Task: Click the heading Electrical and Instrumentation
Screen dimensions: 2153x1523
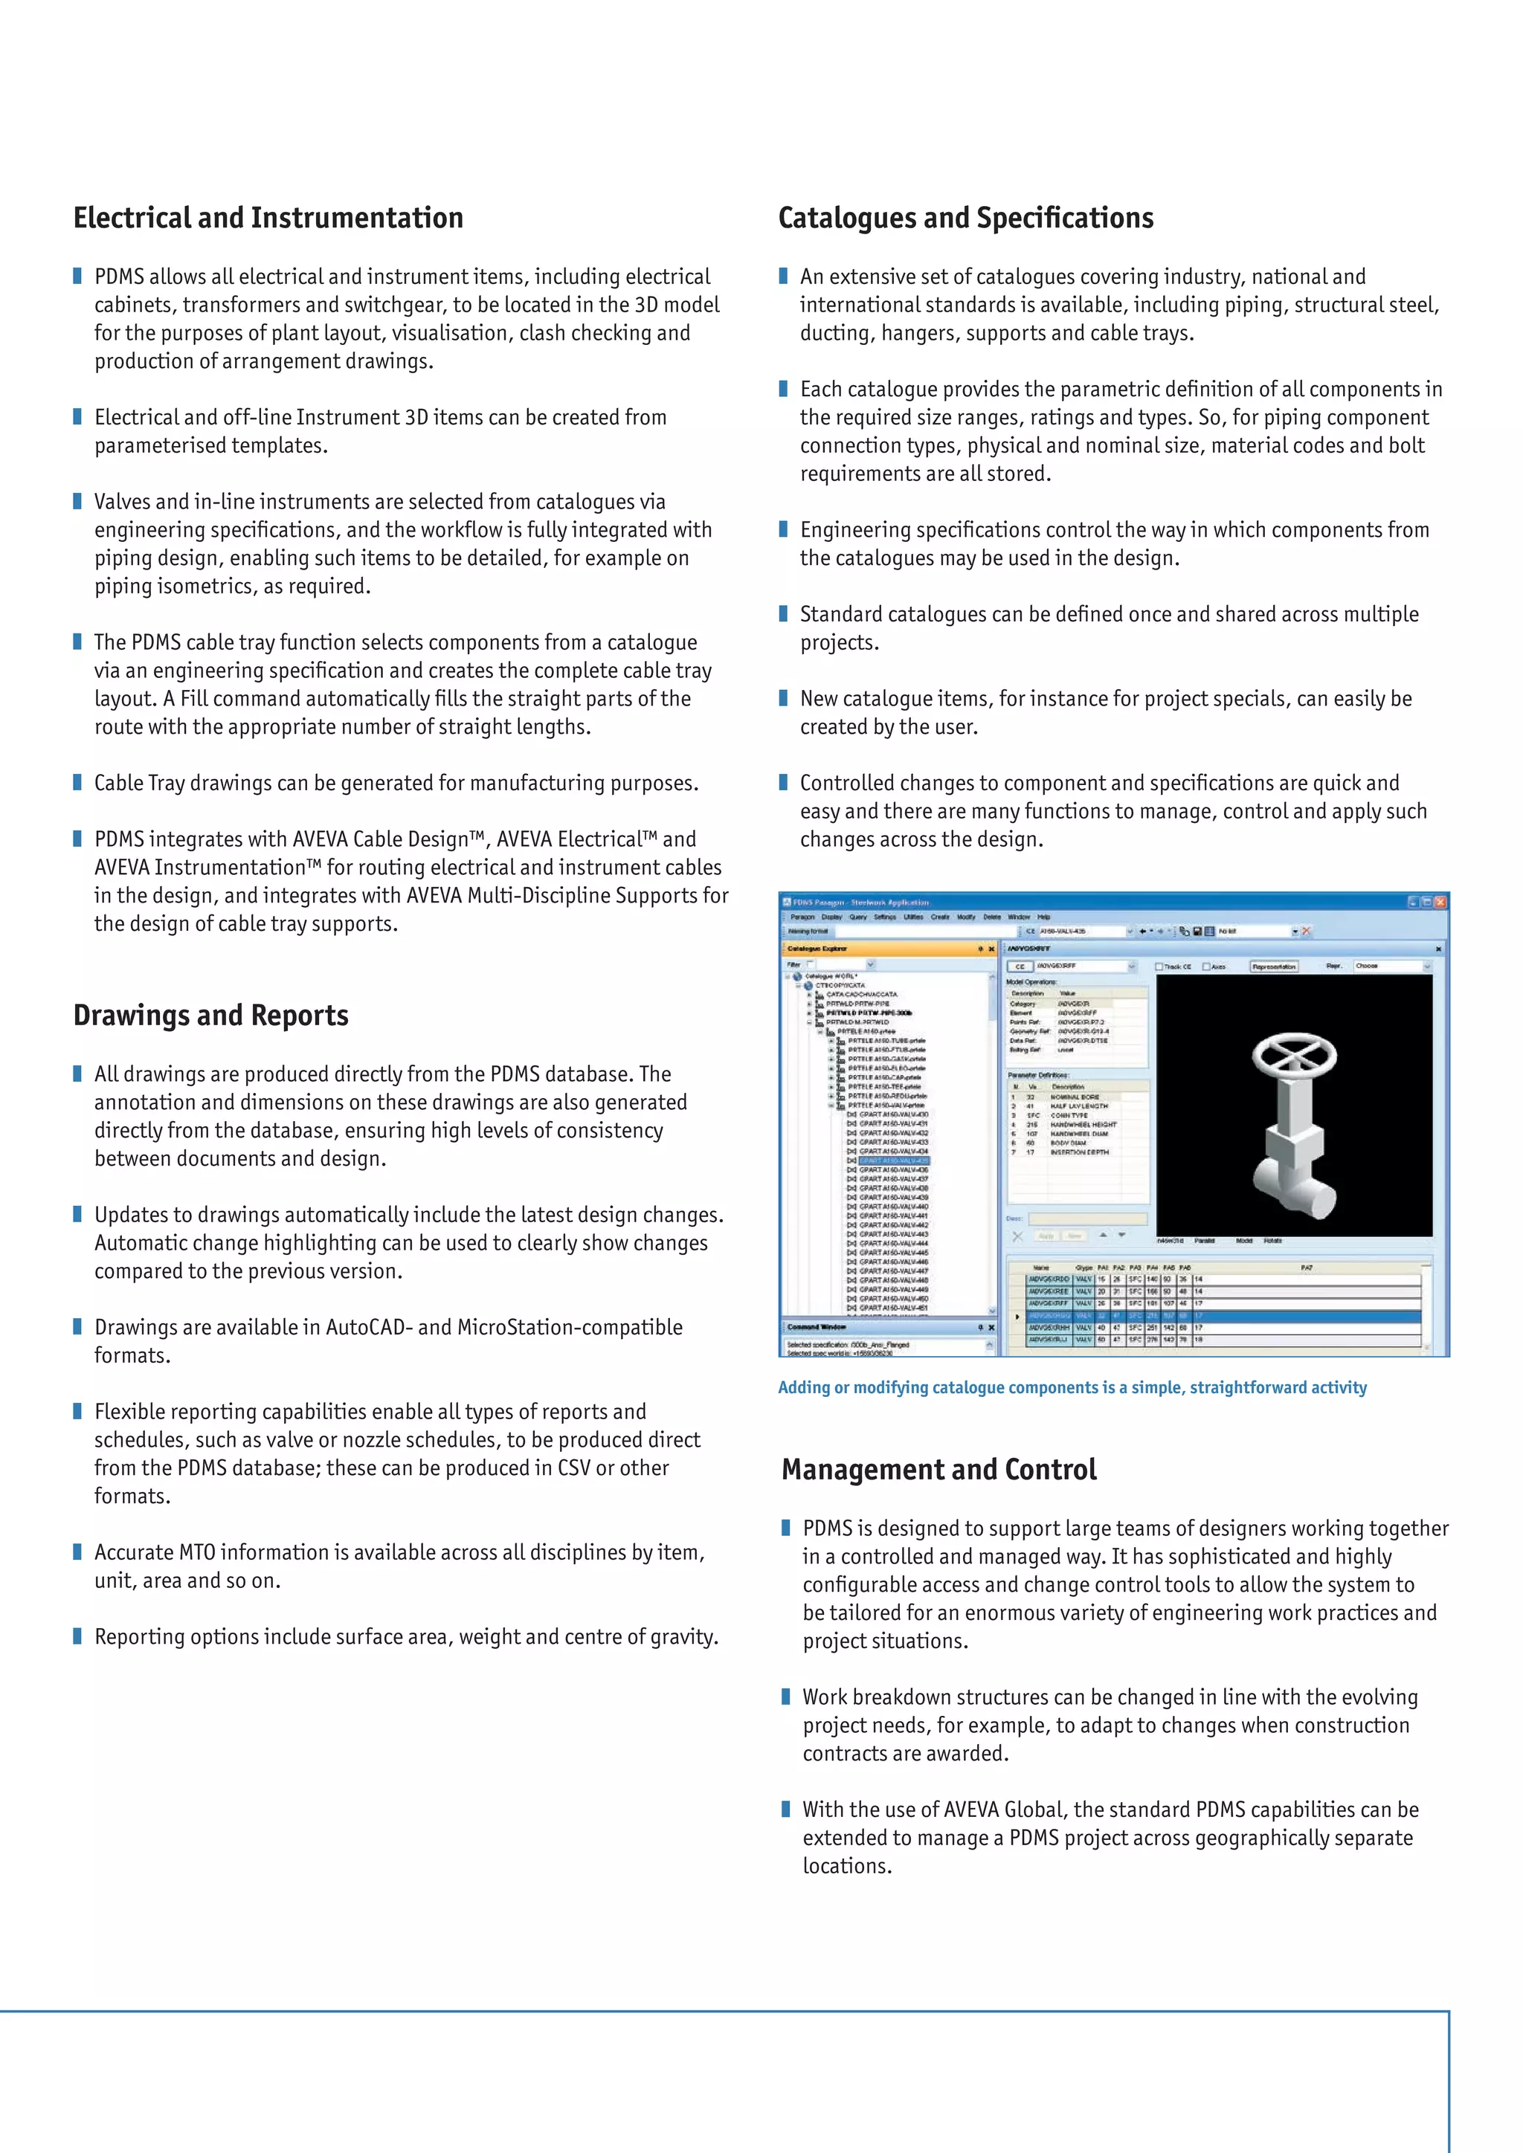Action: (x=268, y=218)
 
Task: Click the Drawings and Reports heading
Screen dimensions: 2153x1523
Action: (x=211, y=1015)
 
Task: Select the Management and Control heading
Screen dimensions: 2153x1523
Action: (x=938, y=1468)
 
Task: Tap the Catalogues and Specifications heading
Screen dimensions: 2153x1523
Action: (x=966, y=218)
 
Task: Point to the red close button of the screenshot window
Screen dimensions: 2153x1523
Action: (x=1440, y=902)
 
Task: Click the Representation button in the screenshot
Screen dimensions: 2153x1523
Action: (x=1274, y=966)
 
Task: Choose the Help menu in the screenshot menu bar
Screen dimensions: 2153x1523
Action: (x=1044, y=917)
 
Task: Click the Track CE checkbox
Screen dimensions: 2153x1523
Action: (x=1159, y=966)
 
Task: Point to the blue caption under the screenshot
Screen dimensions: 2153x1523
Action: (x=1072, y=1387)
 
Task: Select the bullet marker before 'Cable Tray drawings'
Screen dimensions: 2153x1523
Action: (x=78, y=782)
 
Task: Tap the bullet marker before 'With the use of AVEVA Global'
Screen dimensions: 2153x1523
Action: (x=786, y=1808)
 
